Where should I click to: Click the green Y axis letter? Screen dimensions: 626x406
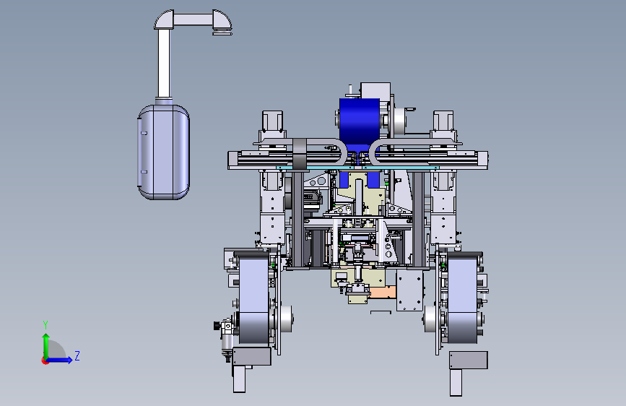coord(45,324)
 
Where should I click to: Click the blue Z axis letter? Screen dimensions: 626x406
coord(77,355)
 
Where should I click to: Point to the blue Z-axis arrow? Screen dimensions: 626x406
coord(60,360)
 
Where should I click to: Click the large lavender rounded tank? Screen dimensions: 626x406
coord(163,152)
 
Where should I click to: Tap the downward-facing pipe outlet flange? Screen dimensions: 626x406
coord(222,33)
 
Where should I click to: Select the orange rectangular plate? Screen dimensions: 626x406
coord(382,292)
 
